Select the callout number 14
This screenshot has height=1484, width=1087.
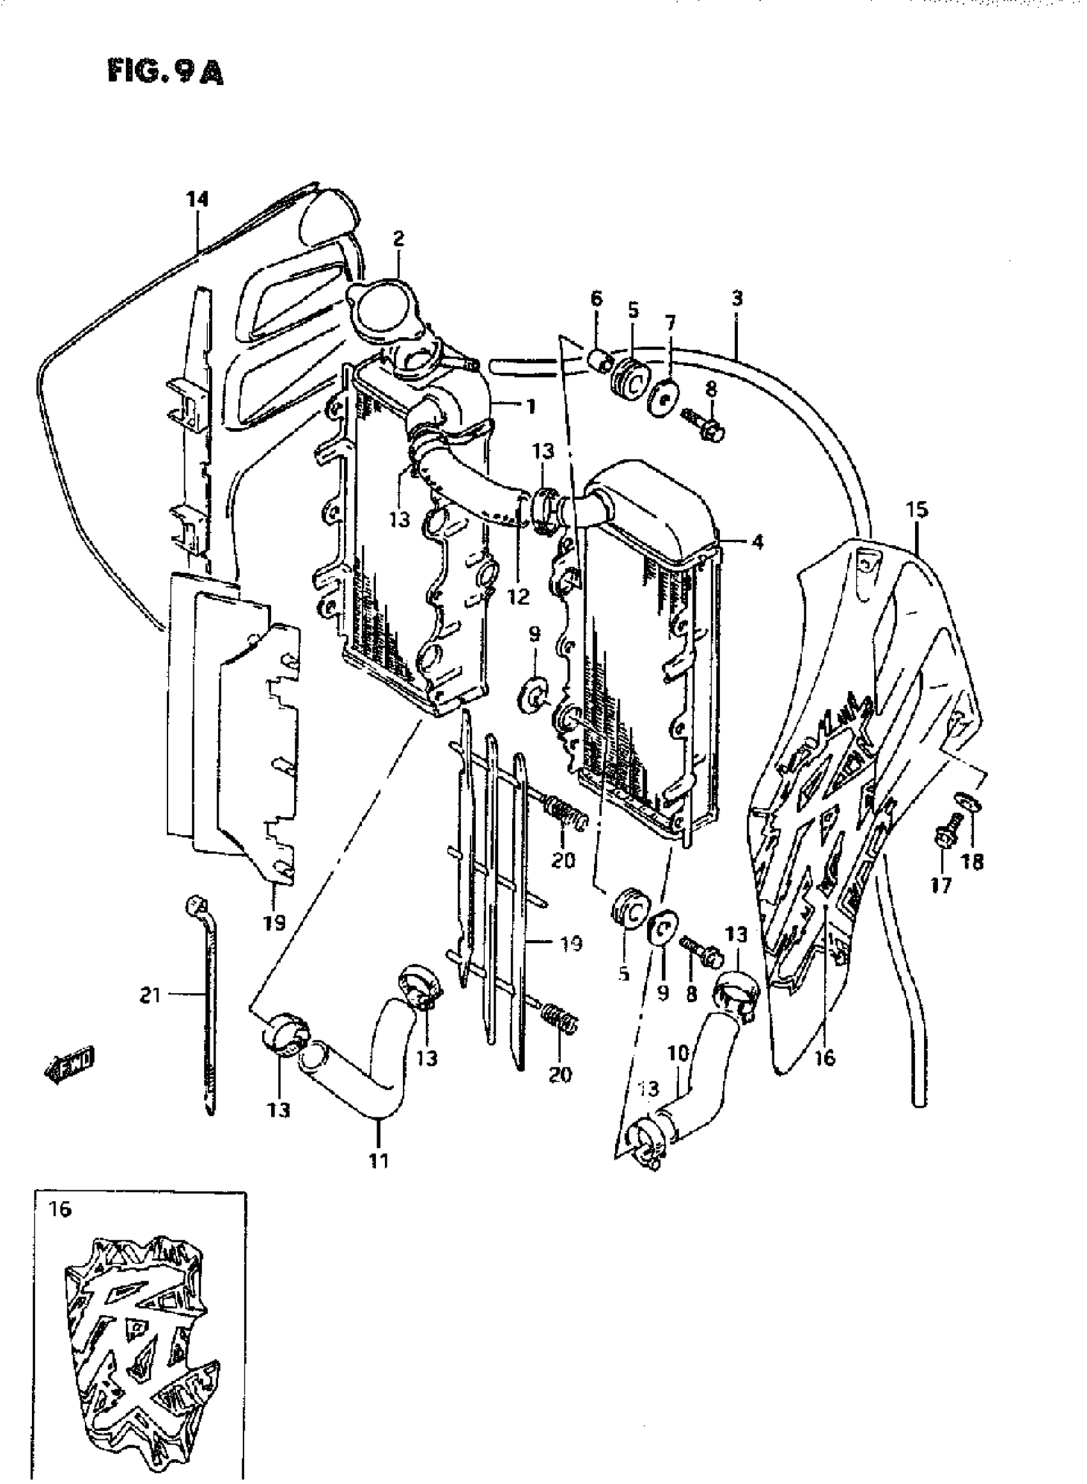[x=197, y=199]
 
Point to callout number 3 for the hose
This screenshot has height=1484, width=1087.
[x=737, y=298]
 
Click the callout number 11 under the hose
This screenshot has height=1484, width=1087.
[x=379, y=1161]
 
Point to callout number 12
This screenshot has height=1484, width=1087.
[x=519, y=596]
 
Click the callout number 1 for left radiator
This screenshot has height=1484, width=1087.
[x=530, y=406]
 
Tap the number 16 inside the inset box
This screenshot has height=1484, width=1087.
[x=60, y=1209]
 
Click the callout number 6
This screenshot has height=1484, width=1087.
[x=596, y=299]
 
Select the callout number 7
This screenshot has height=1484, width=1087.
[x=670, y=323]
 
